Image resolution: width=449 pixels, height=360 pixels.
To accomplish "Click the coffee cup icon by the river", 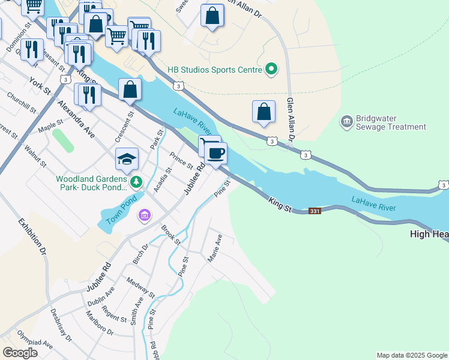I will [216, 152].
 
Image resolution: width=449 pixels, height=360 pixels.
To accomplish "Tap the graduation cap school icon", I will [127, 159].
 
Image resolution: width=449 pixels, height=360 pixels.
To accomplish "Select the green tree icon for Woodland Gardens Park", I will [137, 181].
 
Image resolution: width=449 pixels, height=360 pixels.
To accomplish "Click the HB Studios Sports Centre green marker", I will [271, 70].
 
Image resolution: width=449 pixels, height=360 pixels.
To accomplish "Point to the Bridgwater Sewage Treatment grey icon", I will [346, 122].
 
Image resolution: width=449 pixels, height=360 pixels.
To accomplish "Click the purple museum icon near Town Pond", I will [144, 215].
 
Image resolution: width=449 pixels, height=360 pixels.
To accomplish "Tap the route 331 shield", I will [315, 211].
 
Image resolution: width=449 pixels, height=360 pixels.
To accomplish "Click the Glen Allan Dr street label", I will [291, 120].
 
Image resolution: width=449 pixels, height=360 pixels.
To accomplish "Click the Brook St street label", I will [170, 235].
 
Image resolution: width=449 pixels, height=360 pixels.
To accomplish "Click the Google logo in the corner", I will [20, 353].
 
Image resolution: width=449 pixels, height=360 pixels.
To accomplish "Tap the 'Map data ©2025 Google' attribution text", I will [412, 355].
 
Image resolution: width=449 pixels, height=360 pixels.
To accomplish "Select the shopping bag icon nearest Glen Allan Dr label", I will [264, 112].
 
